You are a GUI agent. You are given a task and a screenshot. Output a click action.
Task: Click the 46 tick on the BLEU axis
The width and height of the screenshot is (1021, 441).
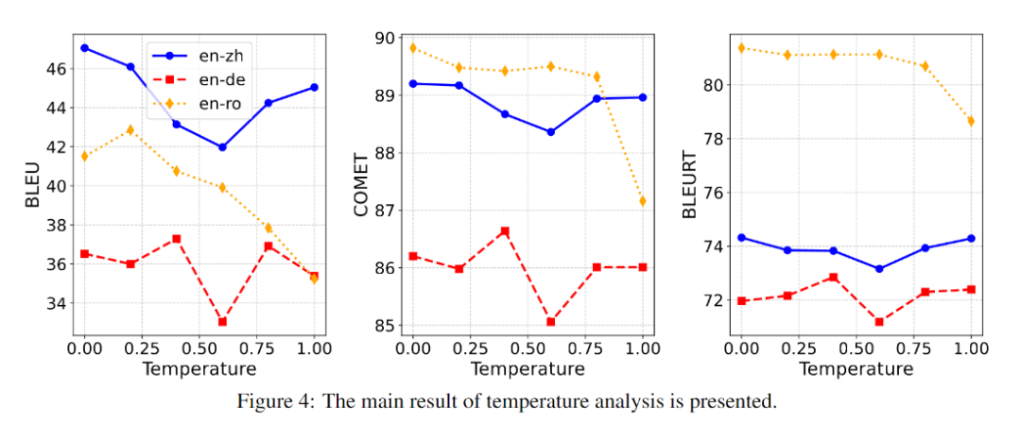[55, 69]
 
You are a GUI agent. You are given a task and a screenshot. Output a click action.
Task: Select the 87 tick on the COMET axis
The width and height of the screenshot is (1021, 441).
[384, 211]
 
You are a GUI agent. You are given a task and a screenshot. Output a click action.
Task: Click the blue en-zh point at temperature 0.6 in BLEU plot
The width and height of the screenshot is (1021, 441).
[222, 147]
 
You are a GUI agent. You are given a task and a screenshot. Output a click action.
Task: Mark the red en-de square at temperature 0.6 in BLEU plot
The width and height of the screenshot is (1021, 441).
[222, 322]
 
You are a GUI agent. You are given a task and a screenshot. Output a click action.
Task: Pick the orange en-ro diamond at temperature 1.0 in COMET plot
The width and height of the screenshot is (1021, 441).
[643, 201]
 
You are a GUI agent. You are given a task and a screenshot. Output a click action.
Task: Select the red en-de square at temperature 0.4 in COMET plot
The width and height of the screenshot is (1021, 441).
[505, 231]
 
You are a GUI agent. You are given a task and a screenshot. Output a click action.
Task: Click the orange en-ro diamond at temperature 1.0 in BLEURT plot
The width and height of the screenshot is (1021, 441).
[971, 121]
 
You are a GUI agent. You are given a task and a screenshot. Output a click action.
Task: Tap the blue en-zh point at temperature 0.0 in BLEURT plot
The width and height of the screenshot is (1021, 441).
[742, 237]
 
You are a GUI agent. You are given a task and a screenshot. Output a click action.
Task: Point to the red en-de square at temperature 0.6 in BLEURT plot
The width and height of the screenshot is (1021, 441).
[879, 322]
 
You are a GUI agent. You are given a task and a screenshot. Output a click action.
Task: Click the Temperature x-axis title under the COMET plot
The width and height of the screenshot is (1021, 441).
[528, 367]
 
